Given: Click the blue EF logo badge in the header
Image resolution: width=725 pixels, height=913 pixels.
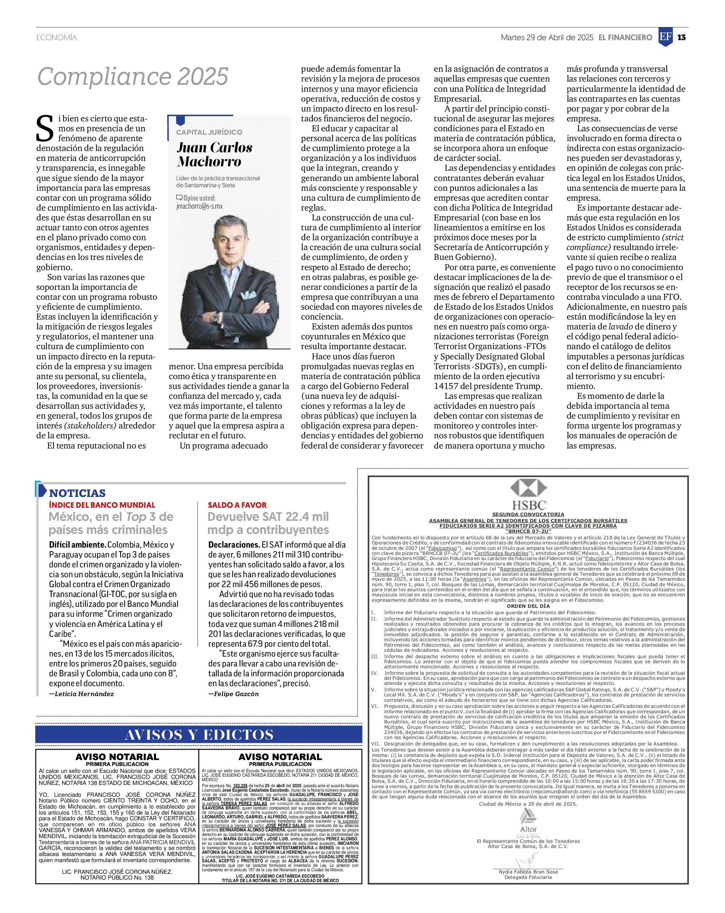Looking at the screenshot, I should coord(665,37).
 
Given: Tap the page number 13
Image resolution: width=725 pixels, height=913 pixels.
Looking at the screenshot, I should coord(681,37).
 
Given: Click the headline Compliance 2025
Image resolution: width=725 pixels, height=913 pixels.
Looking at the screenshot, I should coord(133,77).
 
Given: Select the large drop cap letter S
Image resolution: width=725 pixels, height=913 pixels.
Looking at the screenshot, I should coord(45,129).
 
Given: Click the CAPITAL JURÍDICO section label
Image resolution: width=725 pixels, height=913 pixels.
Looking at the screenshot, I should coord(209,132).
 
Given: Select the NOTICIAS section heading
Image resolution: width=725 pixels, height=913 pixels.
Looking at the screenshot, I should coord(77,493).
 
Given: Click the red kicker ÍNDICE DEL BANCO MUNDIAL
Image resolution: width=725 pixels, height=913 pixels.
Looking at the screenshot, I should coord(102,505).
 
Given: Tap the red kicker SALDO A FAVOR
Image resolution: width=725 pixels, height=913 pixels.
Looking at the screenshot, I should coord(237,505).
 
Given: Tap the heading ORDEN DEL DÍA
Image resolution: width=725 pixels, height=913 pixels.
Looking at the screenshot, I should coord(528,606).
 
